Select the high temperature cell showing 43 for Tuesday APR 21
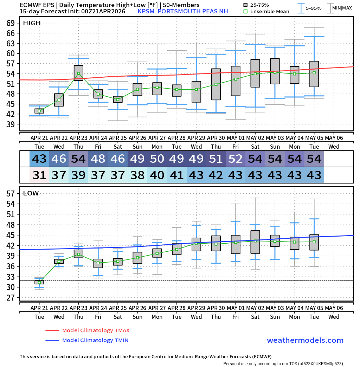39,159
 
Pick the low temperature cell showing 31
39,175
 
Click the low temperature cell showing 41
177,175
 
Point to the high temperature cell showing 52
236,159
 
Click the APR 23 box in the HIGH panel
78,73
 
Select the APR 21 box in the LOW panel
39,282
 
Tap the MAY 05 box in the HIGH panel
314,74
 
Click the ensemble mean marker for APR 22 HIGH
59,100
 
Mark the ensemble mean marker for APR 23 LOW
78,254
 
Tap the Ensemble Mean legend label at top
270,11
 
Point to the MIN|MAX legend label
342,8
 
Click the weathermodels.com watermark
305,340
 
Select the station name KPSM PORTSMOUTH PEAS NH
183,11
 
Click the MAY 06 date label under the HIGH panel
334,137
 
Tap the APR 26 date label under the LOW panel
137,308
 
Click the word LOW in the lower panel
31,193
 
